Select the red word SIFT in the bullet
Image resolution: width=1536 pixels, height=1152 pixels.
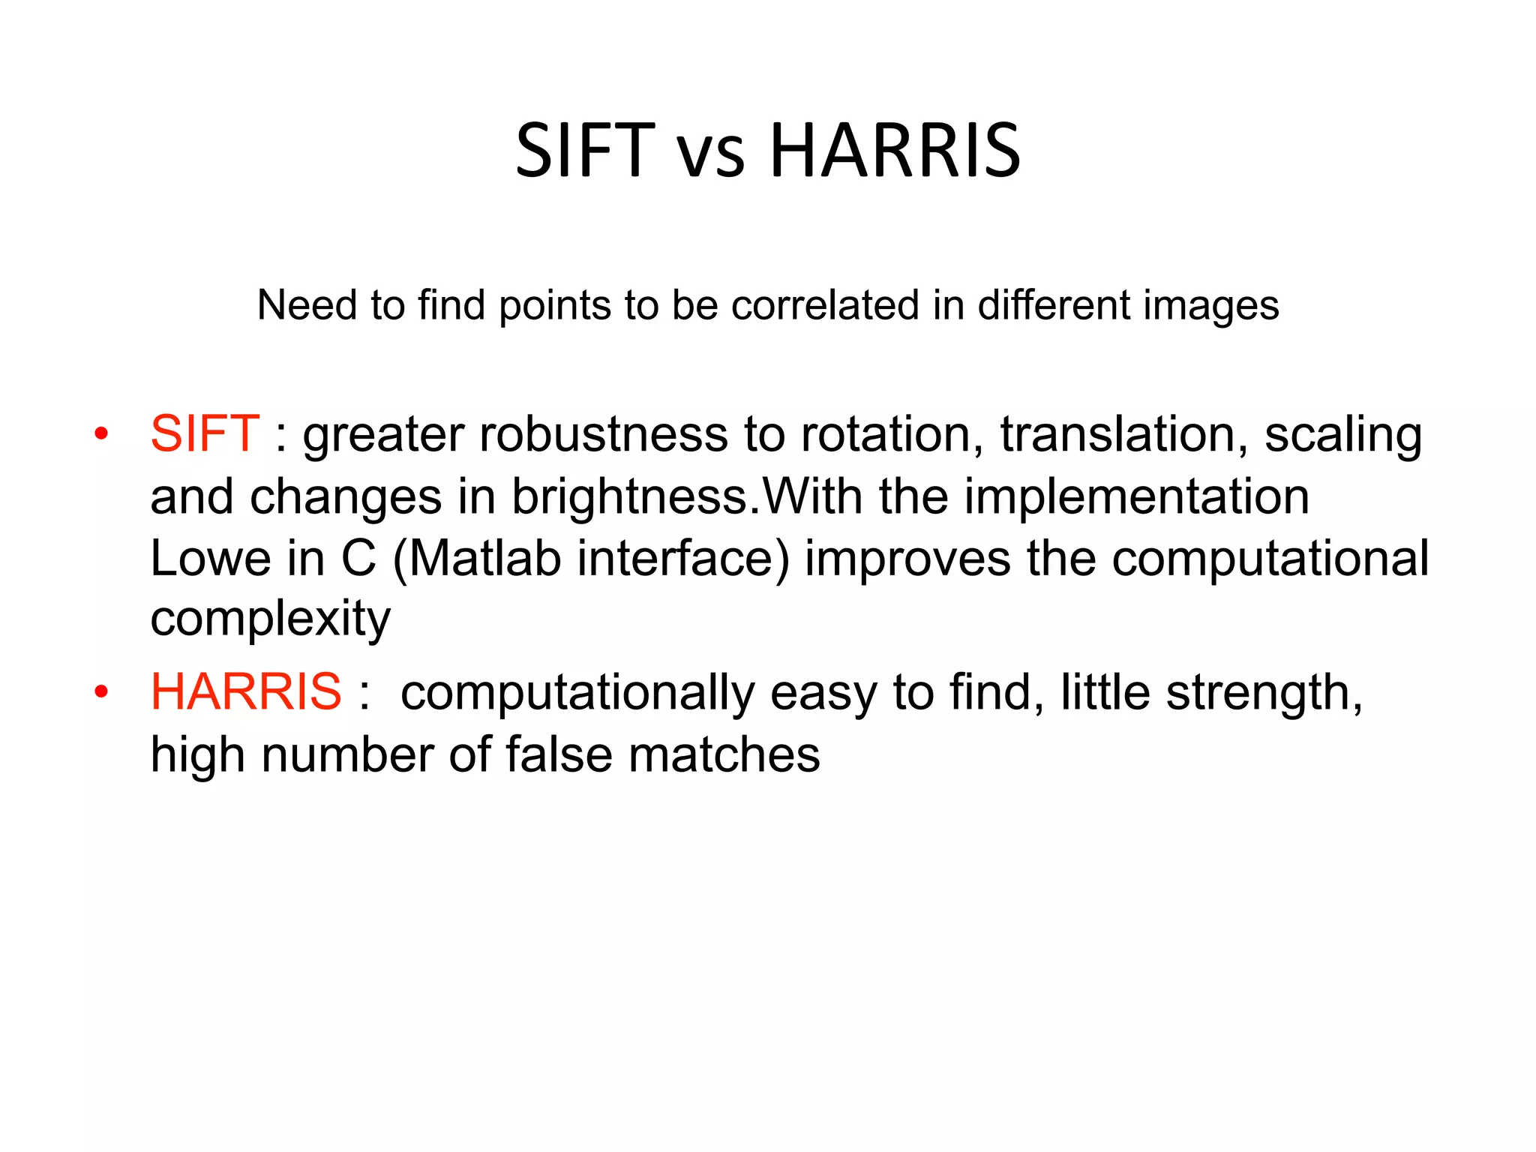(205, 433)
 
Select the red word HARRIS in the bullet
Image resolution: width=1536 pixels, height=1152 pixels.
(246, 691)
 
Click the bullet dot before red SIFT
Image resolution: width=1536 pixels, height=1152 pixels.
(102, 434)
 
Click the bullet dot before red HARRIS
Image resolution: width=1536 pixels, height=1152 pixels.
(102, 691)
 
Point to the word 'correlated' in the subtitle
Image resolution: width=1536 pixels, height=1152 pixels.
(825, 305)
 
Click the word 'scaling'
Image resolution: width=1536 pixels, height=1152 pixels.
(1342, 436)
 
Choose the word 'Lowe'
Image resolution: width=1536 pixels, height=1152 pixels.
(210, 559)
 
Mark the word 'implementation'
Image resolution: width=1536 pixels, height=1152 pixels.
(1136, 498)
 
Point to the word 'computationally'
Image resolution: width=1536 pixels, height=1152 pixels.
(577, 694)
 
